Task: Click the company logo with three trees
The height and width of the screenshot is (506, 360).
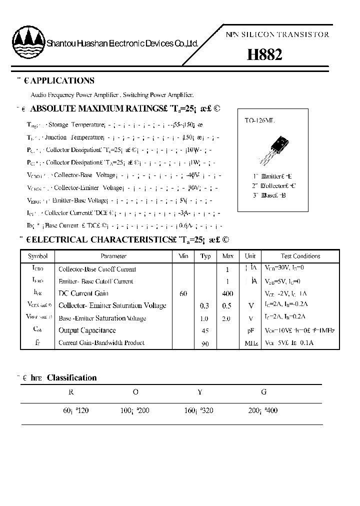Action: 28,42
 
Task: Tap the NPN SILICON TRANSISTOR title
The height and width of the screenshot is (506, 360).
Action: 277,34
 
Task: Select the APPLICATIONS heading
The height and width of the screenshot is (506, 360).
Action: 62,80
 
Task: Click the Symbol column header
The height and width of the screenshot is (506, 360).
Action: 38,256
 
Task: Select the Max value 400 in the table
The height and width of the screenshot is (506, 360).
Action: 227,293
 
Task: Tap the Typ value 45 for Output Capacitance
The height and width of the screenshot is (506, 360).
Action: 205,330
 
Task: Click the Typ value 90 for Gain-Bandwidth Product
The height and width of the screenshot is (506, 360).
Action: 205,343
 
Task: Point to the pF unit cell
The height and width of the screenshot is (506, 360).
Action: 250,330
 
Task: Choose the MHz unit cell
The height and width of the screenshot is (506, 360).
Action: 250,343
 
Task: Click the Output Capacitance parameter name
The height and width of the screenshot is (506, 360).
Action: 87,330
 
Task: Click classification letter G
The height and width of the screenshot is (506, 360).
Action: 263,392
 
